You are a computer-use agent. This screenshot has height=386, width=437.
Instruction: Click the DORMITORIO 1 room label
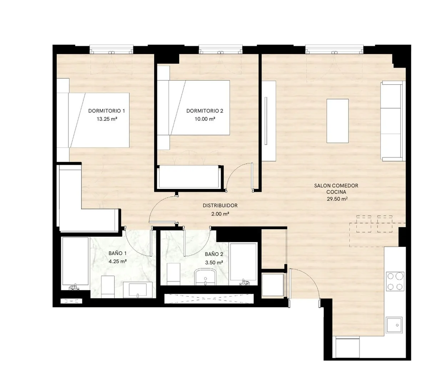coord(106,111)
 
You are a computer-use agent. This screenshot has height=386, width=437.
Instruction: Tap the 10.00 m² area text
coord(205,119)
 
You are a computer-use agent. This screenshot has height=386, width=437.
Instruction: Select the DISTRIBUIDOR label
coord(220,206)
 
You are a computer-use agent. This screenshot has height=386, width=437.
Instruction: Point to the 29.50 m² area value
coord(337,199)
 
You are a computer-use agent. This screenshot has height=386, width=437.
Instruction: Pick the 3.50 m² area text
coord(214,263)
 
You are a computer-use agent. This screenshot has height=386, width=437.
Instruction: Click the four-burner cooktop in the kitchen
coord(395,281)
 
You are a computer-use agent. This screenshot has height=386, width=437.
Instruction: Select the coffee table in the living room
coord(337,121)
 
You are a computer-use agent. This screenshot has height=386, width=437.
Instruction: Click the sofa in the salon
coord(392,121)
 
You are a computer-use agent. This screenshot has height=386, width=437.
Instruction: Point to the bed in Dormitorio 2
coord(194,108)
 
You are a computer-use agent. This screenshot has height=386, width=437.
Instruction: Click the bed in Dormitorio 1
coord(93,120)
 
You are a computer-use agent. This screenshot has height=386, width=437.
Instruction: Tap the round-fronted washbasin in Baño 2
coord(205,277)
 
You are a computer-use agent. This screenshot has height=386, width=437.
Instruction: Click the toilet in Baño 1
coord(108,287)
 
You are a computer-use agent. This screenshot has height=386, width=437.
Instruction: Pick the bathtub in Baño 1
coord(75,263)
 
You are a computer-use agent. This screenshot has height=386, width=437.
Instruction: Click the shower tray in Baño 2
coord(243,264)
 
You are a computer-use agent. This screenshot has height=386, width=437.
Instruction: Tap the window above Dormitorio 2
coord(220,49)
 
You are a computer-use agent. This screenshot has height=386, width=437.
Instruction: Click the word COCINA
coord(336,192)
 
